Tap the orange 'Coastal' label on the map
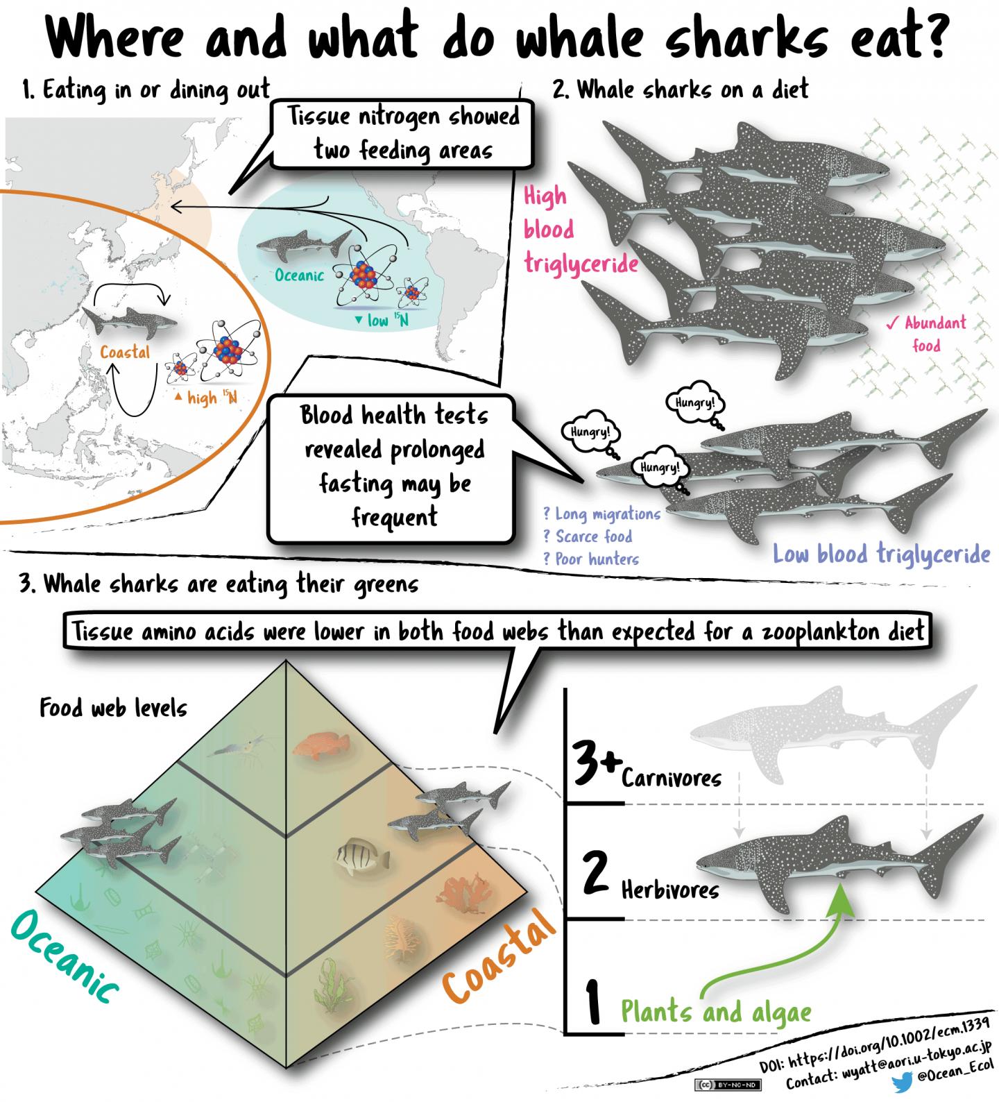[125, 353]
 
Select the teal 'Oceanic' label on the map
[299, 275]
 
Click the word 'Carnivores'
[671, 778]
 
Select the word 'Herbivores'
[669, 890]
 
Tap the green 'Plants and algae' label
[715, 1012]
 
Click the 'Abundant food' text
[926, 333]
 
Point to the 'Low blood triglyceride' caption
[881, 554]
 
